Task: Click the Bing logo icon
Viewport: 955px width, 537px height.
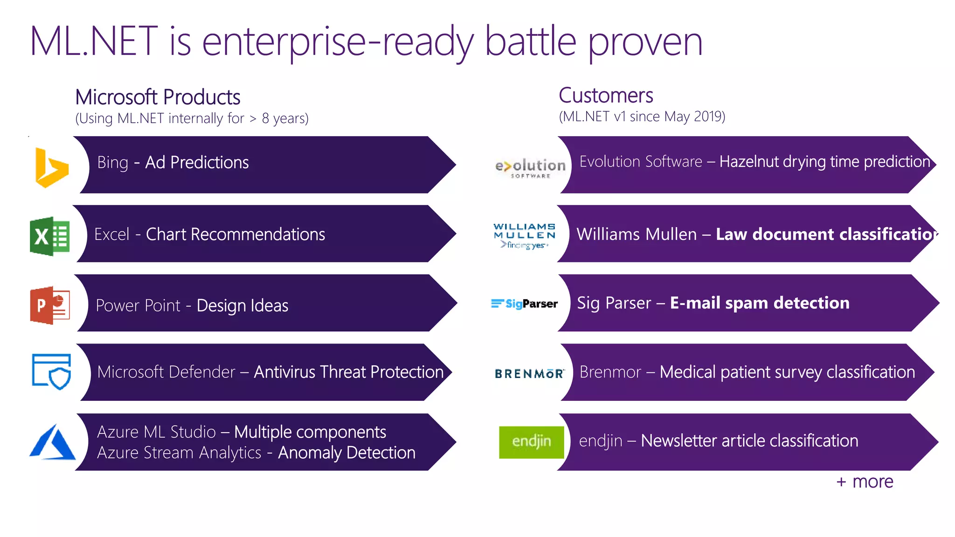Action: (x=51, y=168)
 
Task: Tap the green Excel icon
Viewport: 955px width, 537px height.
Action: (x=50, y=236)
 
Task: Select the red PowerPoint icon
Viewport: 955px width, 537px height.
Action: (x=50, y=305)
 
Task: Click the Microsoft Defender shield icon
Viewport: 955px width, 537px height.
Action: (x=51, y=372)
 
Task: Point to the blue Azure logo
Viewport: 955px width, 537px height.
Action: (x=52, y=442)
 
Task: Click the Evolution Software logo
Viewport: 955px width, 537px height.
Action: (x=530, y=168)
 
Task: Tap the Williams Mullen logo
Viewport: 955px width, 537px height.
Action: (x=525, y=236)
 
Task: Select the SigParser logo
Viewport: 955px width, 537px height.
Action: (x=525, y=304)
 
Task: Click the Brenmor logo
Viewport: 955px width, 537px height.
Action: (x=529, y=373)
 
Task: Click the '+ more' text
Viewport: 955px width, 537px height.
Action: (x=865, y=482)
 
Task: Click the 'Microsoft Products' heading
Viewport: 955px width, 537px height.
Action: (x=158, y=97)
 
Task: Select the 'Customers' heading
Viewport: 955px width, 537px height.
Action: (x=606, y=96)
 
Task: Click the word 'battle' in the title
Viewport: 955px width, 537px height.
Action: (x=530, y=42)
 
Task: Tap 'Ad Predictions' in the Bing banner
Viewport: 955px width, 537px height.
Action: (x=197, y=163)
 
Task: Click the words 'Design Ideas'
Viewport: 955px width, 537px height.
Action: (x=242, y=306)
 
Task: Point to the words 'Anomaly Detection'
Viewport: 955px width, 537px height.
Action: (x=346, y=453)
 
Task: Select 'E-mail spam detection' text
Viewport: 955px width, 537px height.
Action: (x=760, y=303)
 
